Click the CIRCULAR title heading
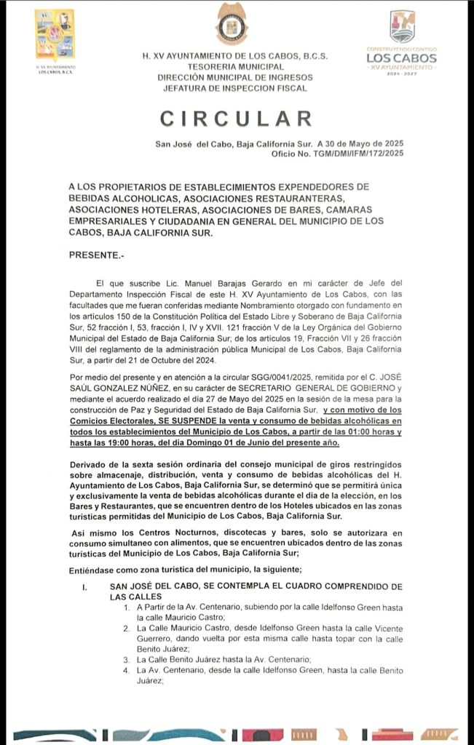[x=236, y=119]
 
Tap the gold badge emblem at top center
[x=232, y=24]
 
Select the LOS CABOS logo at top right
[x=401, y=44]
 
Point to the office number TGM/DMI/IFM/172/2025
[x=356, y=153]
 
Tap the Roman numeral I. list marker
[x=84, y=586]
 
